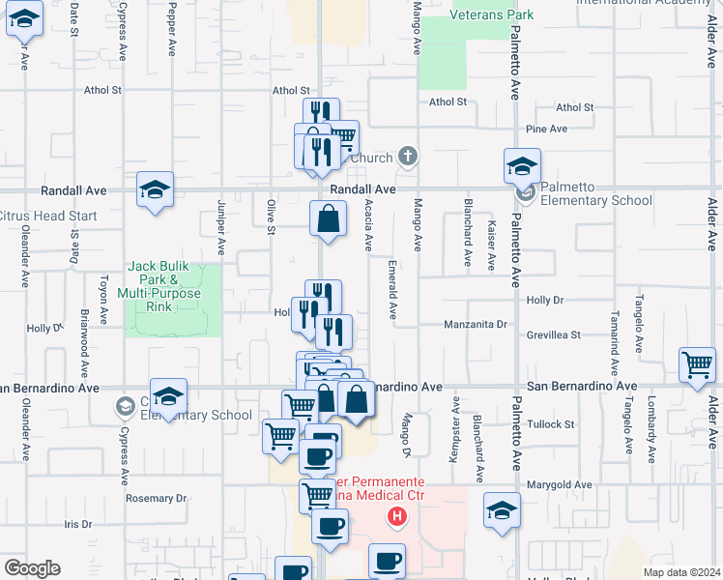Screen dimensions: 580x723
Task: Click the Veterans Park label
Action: tap(492, 15)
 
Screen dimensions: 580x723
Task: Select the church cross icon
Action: tap(408, 156)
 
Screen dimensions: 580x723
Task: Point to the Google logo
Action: tap(32, 568)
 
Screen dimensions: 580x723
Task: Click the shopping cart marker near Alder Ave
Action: tap(697, 365)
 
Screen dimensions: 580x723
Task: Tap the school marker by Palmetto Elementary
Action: tap(522, 168)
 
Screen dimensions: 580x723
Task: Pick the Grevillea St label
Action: tap(554, 335)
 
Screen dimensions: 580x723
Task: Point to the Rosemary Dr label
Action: tap(156, 499)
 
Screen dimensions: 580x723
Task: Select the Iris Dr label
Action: tap(77, 525)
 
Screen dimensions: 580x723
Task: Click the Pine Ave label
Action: tap(546, 129)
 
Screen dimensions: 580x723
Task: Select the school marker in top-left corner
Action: tap(24, 18)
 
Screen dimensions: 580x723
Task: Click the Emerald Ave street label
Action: tap(392, 288)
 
